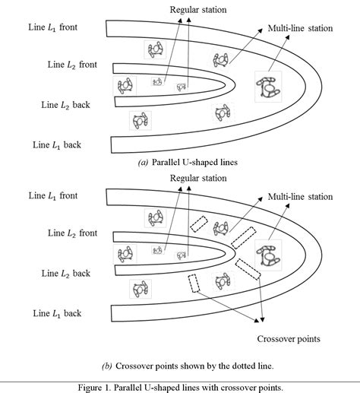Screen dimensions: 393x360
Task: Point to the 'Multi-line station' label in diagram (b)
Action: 300,197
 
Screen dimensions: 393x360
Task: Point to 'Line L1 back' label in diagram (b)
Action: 57,312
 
